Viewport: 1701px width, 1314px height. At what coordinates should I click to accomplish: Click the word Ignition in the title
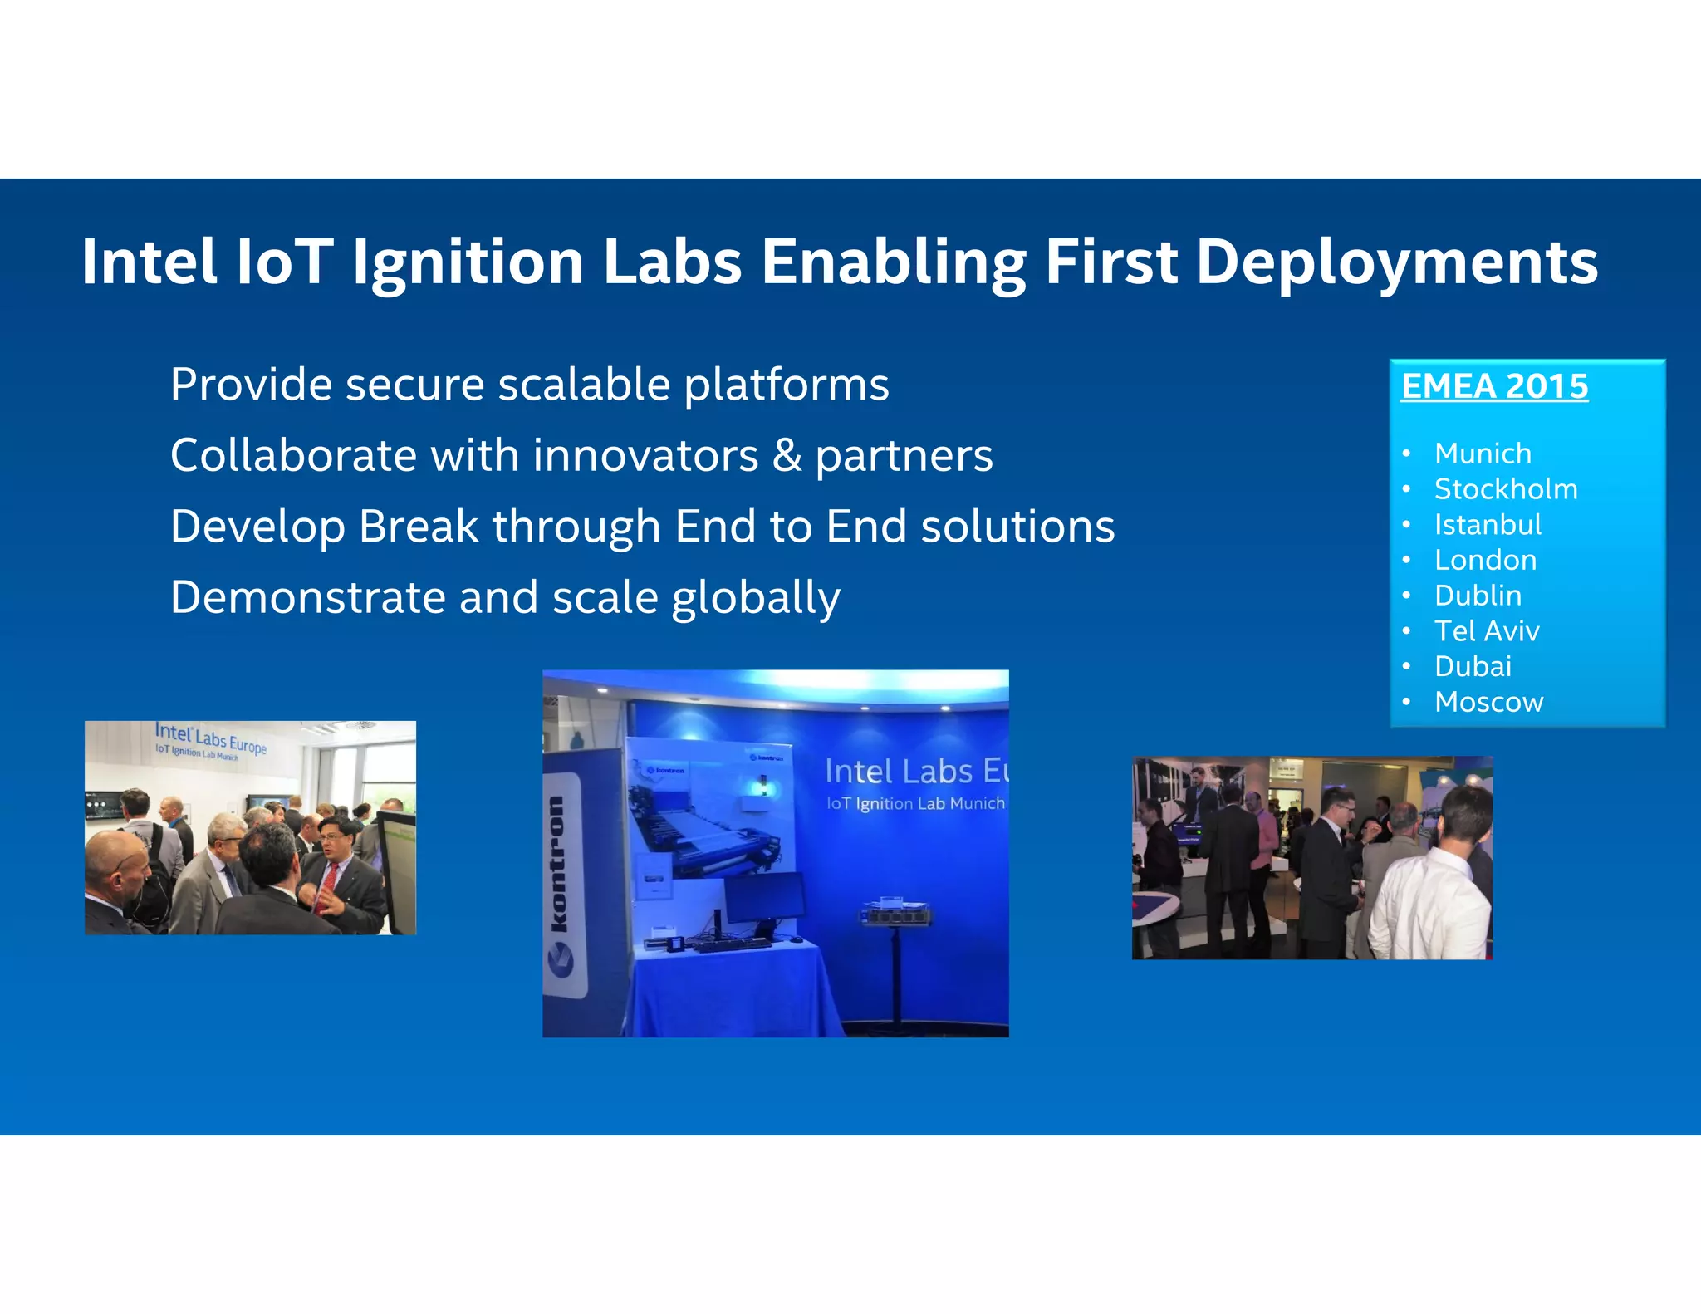[x=468, y=262]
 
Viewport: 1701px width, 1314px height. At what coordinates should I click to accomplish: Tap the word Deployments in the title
[x=1396, y=262]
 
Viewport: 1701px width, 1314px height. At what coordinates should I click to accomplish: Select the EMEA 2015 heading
[x=1494, y=386]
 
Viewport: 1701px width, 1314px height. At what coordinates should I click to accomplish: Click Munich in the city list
[x=1483, y=454]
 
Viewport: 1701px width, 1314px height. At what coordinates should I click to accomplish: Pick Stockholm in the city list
[x=1505, y=489]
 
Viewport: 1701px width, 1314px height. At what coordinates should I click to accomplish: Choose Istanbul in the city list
[x=1487, y=525]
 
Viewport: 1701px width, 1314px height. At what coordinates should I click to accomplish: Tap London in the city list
[x=1485, y=560]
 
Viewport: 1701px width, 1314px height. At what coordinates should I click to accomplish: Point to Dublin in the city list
[x=1478, y=596]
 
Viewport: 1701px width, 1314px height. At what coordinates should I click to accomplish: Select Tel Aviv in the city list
[x=1487, y=631]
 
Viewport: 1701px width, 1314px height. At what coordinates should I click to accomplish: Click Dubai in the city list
[x=1473, y=666]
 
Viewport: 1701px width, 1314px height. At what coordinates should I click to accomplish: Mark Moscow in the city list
[x=1488, y=702]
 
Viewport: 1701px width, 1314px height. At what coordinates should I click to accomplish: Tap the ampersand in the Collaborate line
[x=786, y=456]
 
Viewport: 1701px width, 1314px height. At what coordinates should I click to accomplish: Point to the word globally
[x=755, y=598]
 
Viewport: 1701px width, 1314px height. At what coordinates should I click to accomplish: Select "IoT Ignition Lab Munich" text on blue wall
[x=914, y=803]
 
